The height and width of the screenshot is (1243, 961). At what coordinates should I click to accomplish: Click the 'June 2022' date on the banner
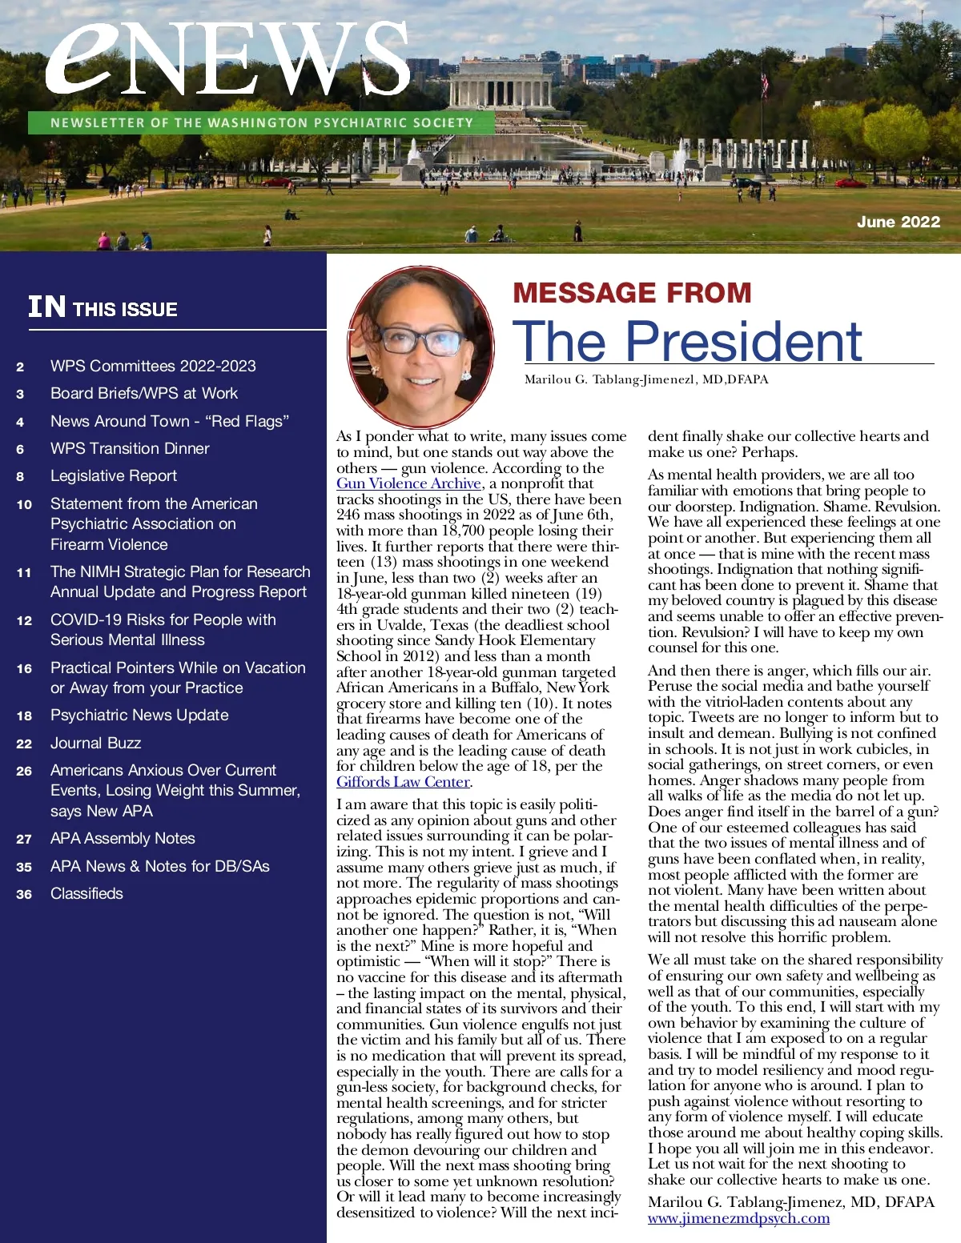click(898, 222)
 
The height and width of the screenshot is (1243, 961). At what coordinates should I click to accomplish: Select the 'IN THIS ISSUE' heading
click(103, 307)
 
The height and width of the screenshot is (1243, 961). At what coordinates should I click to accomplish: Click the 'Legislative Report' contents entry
click(113, 475)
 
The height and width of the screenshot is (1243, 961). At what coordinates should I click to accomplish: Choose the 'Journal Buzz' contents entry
click(95, 743)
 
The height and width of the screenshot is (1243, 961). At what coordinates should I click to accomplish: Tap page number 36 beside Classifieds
click(24, 894)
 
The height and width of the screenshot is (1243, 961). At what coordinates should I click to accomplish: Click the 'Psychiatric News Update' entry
click(139, 715)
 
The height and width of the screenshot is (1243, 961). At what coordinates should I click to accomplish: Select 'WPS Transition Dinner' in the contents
click(130, 448)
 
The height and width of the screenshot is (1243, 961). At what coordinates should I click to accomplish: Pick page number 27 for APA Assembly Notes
click(24, 839)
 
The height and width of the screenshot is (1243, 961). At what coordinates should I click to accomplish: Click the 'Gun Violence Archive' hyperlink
click(408, 483)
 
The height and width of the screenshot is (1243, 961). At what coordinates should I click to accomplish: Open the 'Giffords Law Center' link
click(403, 782)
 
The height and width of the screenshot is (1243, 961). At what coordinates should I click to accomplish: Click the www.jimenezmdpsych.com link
click(738, 1218)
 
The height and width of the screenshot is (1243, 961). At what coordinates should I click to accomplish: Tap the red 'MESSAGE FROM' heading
click(632, 293)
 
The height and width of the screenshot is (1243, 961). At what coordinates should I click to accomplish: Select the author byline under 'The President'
click(645, 379)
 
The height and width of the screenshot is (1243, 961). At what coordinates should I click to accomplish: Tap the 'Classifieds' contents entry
click(86, 893)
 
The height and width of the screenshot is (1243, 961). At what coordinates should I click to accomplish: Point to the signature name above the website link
click(790, 1201)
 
